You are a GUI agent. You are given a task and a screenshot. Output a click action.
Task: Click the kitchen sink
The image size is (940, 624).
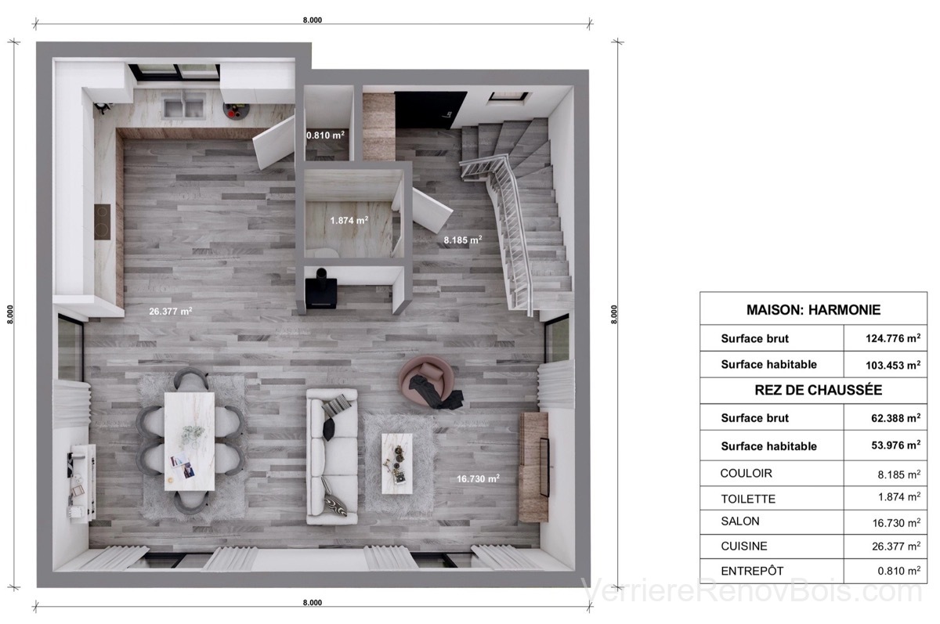tap(184, 105)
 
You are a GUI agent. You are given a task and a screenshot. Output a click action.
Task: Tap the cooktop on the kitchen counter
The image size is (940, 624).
tap(103, 222)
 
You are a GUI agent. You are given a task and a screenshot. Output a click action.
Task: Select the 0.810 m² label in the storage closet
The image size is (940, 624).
tap(325, 135)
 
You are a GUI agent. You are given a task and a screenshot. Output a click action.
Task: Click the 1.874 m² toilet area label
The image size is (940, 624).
tap(349, 220)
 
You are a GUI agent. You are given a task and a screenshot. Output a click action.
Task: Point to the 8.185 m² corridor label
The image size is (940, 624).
tap(463, 240)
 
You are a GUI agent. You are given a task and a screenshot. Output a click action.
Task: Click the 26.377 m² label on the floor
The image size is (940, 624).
tap(171, 311)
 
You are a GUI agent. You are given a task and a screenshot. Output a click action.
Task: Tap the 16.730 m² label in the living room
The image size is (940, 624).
tap(478, 478)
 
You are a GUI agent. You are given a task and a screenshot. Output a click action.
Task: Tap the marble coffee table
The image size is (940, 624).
tap(397, 463)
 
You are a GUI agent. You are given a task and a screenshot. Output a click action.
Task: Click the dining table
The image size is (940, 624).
tap(190, 441)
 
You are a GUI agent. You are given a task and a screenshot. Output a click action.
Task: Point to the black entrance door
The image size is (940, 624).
tap(430, 110)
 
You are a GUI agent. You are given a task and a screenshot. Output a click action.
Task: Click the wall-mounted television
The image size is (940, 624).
tap(544, 467)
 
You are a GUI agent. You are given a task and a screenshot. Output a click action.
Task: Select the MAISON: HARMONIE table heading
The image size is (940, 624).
tap(813, 309)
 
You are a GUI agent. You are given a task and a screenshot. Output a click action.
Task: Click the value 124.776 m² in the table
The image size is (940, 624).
tap(893, 338)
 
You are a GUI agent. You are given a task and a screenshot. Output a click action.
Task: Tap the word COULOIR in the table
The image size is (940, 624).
tap(746, 473)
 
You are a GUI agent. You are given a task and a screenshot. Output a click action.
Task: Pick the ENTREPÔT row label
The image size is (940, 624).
tap(752, 571)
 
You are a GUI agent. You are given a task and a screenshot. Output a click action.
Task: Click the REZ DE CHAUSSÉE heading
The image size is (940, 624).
tap(818, 390)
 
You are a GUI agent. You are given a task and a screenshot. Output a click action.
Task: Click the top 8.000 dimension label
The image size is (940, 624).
tap(313, 20)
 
